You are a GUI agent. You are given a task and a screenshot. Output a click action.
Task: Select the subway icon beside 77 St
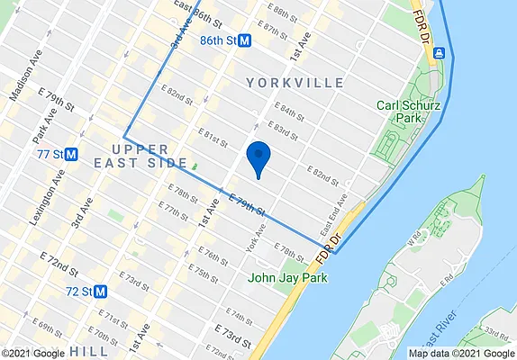(x=70, y=154)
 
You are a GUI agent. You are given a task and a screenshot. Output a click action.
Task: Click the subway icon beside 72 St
(x=101, y=292)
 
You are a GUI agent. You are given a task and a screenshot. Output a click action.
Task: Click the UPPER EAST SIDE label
(x=137, y=155)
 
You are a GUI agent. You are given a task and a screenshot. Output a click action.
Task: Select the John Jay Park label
(x=288, y=276)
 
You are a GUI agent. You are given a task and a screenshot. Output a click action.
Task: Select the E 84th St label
(x=293, y=114)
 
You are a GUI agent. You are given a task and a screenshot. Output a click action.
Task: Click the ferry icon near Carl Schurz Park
(x=439, y=53)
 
